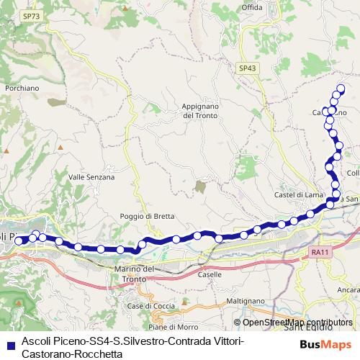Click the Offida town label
[252, 6]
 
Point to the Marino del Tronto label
[135, 274]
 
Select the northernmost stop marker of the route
[341, 89]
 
